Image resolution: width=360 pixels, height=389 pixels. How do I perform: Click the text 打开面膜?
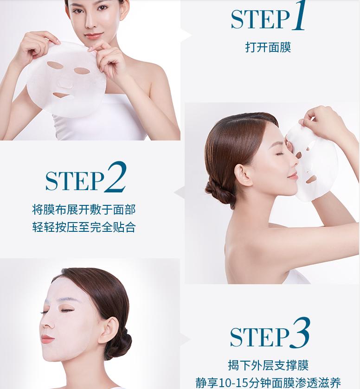pos(268,47)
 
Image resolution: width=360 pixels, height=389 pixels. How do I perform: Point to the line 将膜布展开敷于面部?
pos(84,210)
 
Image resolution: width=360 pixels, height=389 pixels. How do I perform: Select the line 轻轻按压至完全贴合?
pos(84,228)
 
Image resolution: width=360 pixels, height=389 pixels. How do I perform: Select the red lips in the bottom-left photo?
pos(46,339)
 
